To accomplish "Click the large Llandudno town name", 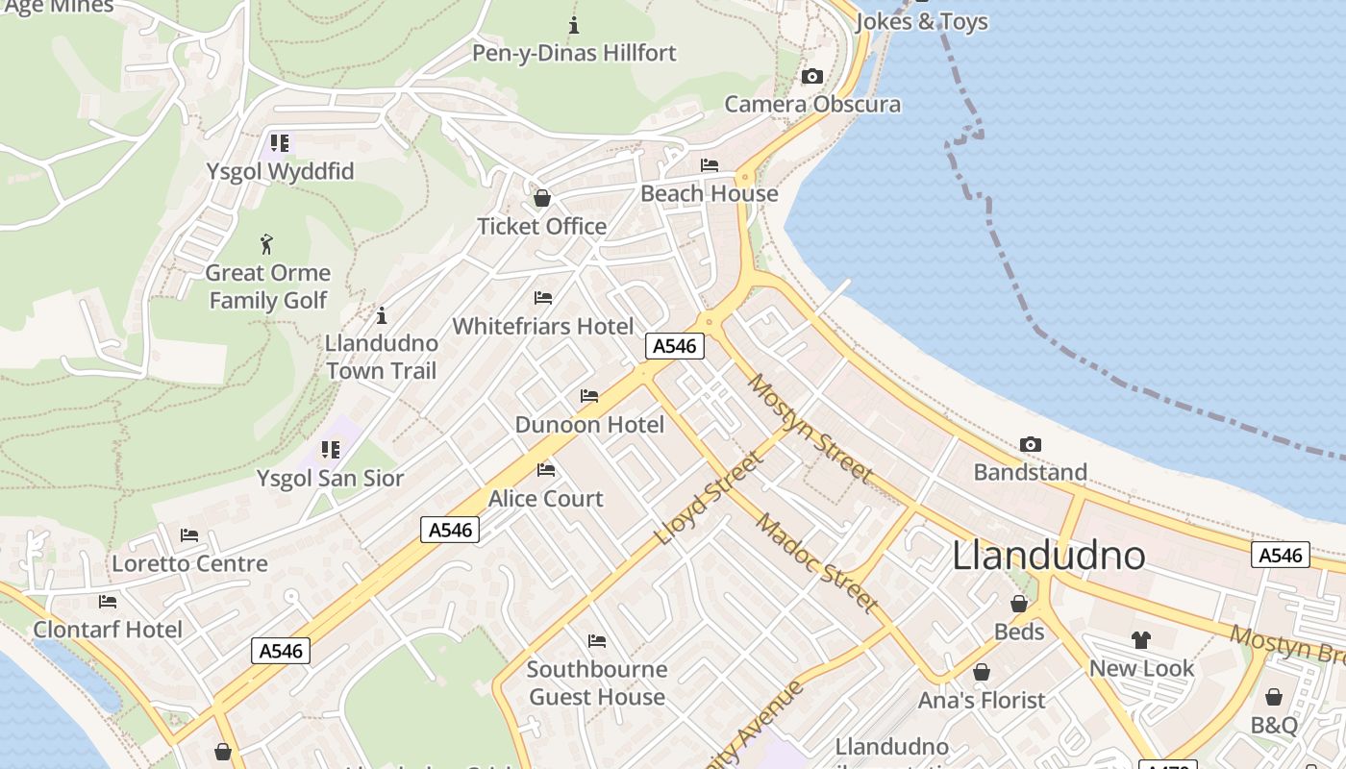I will (x=1049, y=557).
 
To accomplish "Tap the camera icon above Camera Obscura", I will (x=812, y=77).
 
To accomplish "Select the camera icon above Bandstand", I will (x=1031, y=444).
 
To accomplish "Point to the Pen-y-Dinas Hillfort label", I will (x=574, y=53).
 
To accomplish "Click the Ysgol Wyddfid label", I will (x=280, y=172).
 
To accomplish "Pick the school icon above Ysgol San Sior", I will (x=331, y=450).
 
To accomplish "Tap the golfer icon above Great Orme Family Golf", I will (x=267, y=244).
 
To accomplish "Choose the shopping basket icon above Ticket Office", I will (x=542, y=199).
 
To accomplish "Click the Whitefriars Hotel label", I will (x=543, y=326).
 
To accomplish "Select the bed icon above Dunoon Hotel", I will (x=589, y=396).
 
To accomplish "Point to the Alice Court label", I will (x=546, y=498).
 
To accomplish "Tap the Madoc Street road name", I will (x=817, y=563).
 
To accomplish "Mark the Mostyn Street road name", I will (x=810, y=428).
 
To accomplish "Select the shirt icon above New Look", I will (x=1141, y=639).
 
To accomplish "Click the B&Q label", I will (x=1274, y=725).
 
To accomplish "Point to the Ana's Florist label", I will (x=982, y=700).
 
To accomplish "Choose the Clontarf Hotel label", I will (x=108, y=630).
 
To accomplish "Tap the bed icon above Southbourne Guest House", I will (x=597, y=641).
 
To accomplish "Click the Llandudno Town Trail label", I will (x=382, y=357).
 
